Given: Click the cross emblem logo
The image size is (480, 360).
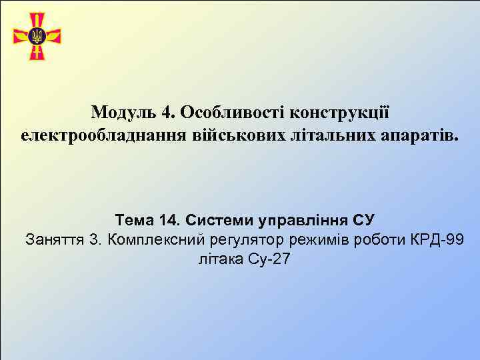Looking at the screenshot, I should coord(37,36).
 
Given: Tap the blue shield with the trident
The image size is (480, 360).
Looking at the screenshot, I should coord(37,35).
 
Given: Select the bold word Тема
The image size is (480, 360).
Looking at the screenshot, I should coord(135,219).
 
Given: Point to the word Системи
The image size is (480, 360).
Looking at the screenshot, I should coord(216,219).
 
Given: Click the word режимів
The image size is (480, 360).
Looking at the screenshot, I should coord(321,239).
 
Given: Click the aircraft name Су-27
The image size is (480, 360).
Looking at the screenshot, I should coord(269,259).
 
